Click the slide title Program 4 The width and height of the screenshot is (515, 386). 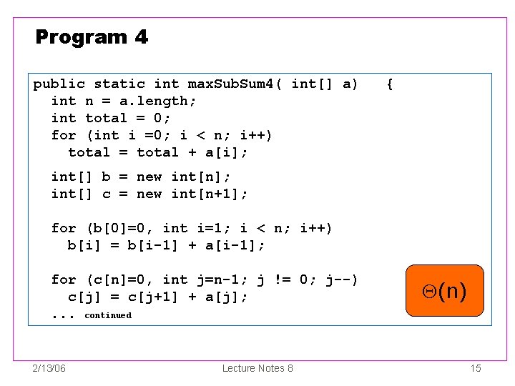point(92,37)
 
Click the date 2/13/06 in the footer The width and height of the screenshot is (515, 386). point(49,368)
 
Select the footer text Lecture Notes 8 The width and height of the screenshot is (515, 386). point(257,368)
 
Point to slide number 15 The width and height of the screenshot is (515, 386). point(476,368)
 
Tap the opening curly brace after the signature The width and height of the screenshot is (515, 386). point(389,84)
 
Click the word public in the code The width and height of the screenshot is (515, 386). point(59,84)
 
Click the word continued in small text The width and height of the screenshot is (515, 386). point(108,315)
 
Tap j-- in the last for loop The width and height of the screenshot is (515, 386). point(342,280)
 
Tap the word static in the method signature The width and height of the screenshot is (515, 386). point(119,84)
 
